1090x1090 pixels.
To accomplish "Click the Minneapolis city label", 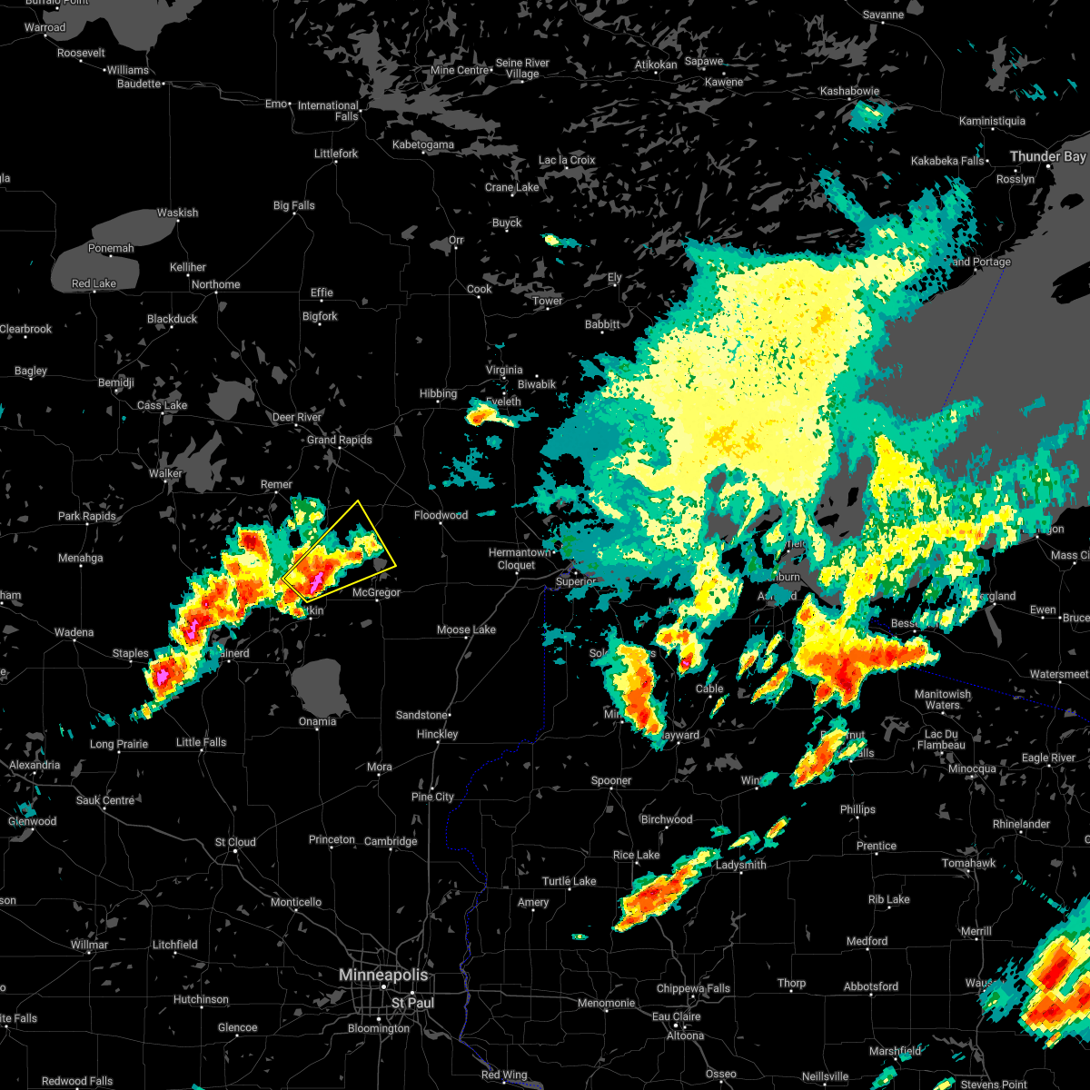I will coord(382,975).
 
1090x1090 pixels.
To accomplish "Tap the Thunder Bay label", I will coord(1048,157).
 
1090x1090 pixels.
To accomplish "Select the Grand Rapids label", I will coord(340,440).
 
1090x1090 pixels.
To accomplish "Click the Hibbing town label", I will coord(438,393).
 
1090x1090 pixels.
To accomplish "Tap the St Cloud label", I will coord(235,842).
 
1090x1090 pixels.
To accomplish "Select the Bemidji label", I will coord(115,382).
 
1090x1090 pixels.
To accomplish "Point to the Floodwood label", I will coord(441,515).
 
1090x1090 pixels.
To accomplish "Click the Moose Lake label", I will coord(466,629).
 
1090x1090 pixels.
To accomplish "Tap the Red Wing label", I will coord(503,1075).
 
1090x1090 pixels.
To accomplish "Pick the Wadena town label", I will coord(74,632).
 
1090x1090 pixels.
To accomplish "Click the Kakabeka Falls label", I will coord(947,161).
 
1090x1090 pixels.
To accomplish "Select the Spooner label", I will coord(610,780).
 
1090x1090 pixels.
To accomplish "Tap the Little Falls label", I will coord(201,742).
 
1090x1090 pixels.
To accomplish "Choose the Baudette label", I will coord(139,84).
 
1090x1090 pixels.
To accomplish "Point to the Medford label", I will coord(867,941).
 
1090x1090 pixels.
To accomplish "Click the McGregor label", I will coord(376,592).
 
